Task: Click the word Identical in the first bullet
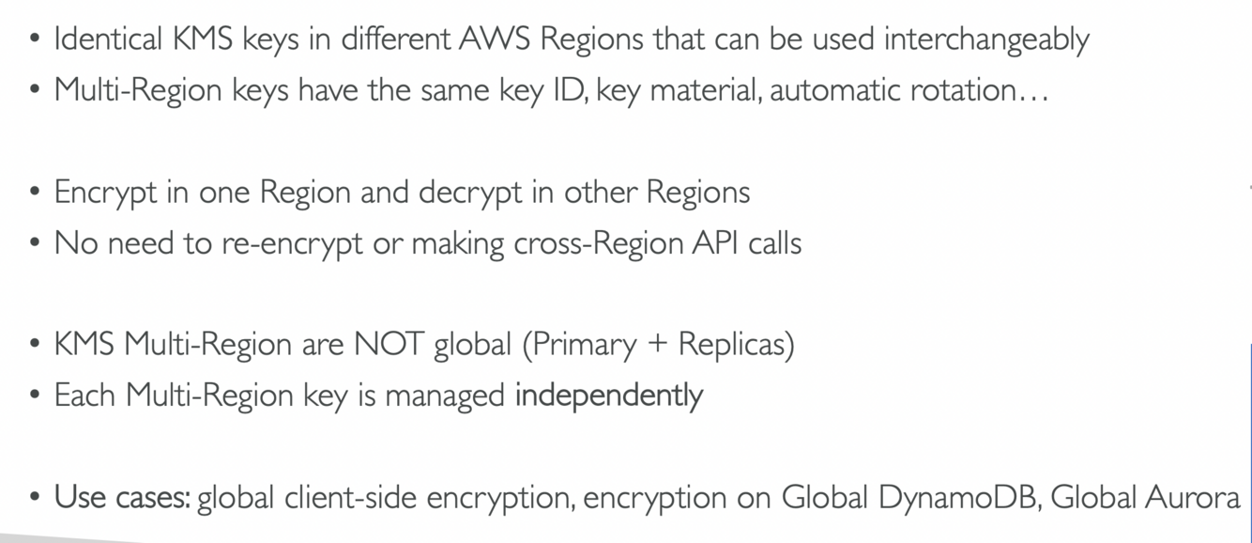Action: tap(110, 39)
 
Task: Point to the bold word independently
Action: tap(608, 396)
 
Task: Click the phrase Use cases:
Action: tap(122, 497)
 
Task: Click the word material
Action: tap(705, 90)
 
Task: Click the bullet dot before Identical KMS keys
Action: tap(36, 40)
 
